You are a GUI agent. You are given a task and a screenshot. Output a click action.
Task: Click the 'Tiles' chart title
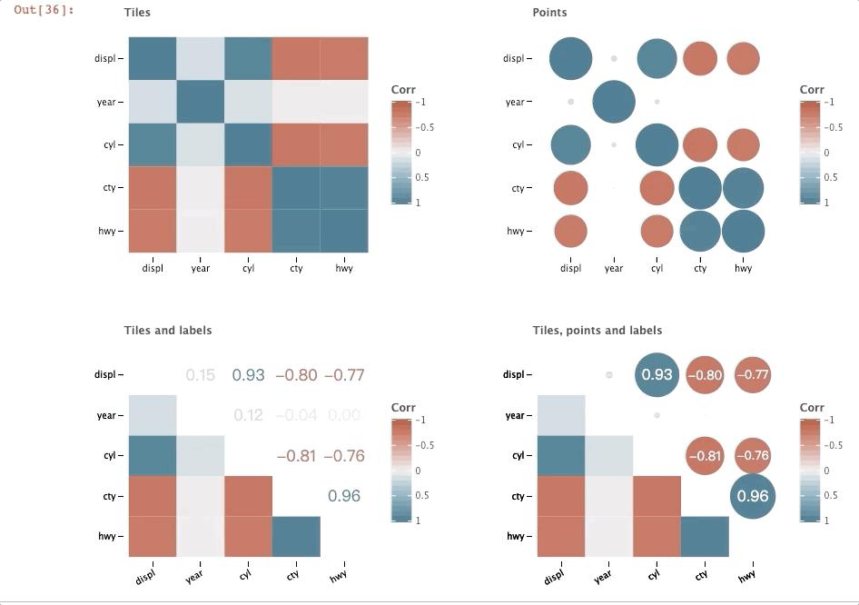[137, 13]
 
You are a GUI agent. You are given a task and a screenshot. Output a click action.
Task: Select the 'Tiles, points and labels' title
[597, 331]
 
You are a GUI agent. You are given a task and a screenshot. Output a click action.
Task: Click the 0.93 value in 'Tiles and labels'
[248, 375]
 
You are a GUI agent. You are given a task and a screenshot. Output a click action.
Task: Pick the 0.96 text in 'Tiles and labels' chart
[344, 496]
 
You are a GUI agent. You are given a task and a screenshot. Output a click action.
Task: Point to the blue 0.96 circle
[753, 496]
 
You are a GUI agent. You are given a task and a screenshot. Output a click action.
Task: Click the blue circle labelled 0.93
[657, 374]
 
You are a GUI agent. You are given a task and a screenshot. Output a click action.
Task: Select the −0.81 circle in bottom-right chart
[705, 456]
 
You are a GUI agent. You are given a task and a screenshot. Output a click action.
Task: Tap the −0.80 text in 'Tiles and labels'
[296, 375]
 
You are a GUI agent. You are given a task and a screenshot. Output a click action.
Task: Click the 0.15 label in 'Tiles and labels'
[200, 375]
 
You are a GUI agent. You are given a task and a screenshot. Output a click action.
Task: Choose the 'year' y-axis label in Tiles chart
[106, 102]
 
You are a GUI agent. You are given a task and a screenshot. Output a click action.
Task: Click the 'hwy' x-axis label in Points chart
[743, 269]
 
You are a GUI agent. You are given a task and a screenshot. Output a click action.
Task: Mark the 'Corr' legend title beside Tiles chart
[403, 90]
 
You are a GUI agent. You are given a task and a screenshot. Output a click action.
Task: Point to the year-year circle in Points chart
[614, 102]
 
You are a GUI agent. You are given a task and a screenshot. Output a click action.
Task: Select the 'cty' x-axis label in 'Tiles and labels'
[293, 575]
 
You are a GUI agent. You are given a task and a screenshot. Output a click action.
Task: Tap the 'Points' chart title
[549, 13]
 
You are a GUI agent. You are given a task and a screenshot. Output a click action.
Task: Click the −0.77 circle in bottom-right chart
[753, 374]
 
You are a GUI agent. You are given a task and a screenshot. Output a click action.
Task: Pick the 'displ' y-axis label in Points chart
[513, 59]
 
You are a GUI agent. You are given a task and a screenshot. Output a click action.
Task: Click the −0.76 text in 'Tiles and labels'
[344, 456]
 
